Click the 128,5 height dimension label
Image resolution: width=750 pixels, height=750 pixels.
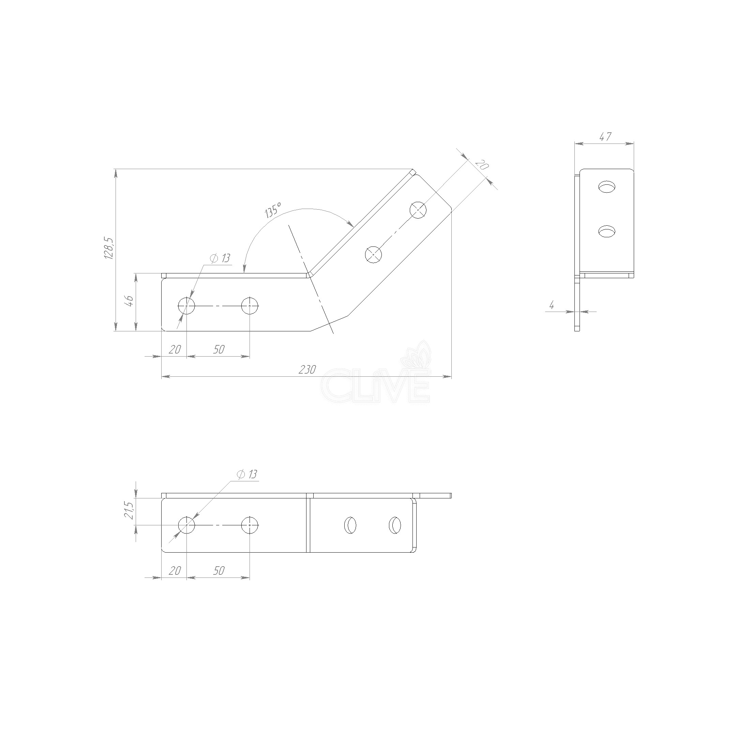[x=109, y=249]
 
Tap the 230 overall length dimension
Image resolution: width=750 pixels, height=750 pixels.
[x=307, y=370]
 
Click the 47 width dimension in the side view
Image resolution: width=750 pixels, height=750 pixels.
[x=605, y=137]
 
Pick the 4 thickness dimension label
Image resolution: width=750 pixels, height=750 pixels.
[x=551, y=305]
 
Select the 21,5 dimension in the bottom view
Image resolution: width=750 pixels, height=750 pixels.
[x=130, y=510]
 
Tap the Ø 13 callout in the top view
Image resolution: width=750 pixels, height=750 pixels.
[x=220, y=258]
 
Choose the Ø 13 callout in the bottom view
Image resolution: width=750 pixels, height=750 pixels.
[x=246, y=475]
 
